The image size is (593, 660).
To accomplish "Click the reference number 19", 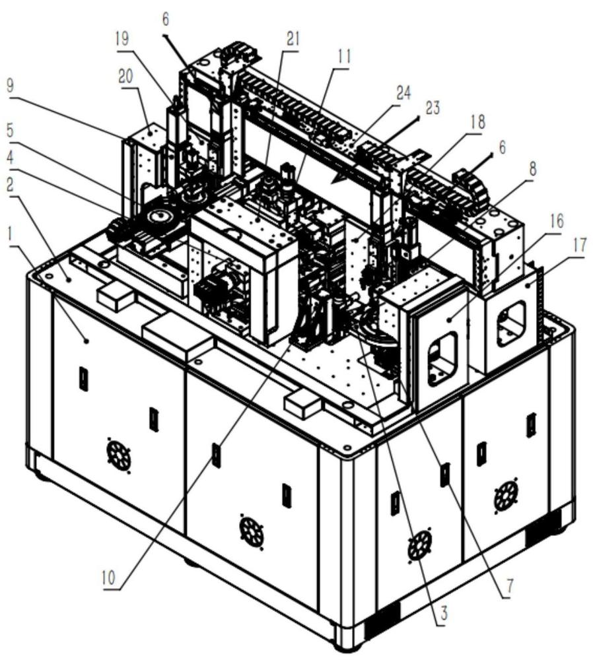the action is click(122, 40).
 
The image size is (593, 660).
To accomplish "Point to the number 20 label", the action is click(125, 77).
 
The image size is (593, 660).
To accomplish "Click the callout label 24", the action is click(403, 93).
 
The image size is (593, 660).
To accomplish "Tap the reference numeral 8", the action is click(533, 170).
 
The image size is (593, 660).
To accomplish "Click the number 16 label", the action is click(557, 221).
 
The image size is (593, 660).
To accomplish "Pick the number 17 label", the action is click(579, 246).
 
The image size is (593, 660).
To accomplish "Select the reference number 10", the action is click(109, 578).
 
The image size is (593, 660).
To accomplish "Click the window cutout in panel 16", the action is click(442, 358).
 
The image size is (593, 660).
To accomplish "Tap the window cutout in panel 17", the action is click(512, 323).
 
